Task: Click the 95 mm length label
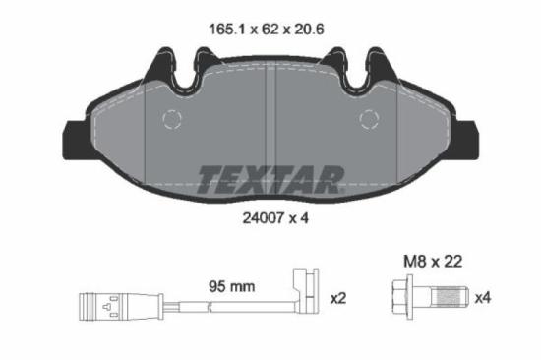233,286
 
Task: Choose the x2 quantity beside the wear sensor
339,296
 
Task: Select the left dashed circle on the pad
171,121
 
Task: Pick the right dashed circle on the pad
370,121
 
